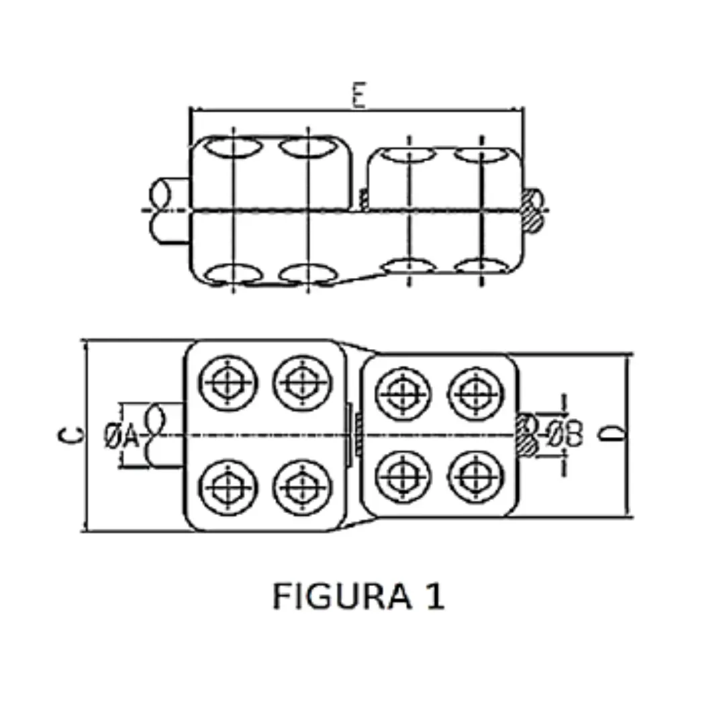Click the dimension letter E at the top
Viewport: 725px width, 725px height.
tap(360, 96)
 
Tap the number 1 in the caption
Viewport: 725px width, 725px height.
tap(434, 596)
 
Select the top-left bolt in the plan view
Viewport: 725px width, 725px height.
tap(228, 383)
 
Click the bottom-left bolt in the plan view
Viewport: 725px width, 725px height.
tap(228, 487)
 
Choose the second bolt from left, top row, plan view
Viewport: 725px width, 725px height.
tap(303, 383)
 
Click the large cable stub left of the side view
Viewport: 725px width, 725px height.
tap(168, 209)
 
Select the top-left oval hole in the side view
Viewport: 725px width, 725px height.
tap(232, 147)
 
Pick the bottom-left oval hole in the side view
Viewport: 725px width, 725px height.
tap(232, 274)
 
